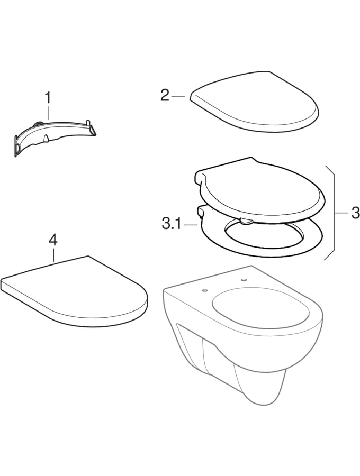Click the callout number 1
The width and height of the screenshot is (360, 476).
[48, 98]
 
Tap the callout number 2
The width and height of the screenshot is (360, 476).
[165, 96]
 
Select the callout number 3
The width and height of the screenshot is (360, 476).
[355, 213]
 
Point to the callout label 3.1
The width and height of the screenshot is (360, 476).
[172, 225]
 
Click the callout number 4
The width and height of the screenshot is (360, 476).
[53, 241]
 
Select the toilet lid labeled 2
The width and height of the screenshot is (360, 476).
[254, 102]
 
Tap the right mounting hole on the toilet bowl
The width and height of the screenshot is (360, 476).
[244, 280]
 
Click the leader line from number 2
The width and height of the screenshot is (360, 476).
[178, 97]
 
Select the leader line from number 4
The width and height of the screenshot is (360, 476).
[53, 255]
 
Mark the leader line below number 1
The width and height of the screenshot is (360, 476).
[48, 113]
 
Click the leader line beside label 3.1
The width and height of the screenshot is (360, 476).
[191, 225]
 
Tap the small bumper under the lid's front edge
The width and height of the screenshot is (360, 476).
[246, 221]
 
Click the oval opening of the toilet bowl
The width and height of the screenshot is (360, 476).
[260, 309]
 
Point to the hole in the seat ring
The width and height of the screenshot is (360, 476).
[264, 234]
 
